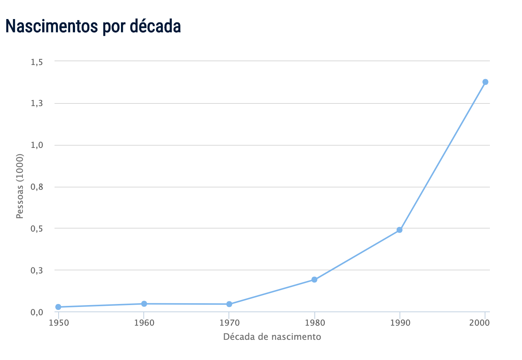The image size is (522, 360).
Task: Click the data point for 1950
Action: click(58, 307)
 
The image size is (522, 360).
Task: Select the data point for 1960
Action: click(144, 304)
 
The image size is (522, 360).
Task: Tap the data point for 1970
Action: click(229, 304)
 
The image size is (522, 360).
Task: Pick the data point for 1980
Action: click(314, 280)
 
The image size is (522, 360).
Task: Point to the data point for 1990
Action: click(400, 230)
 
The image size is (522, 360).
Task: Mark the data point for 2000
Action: click(485, 82)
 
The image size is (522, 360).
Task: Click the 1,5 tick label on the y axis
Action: click(37, 62)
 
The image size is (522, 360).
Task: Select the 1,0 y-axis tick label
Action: click(37, 146)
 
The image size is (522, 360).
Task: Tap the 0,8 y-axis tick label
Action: click(37, 187)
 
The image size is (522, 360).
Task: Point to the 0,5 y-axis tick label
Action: click(37, 229)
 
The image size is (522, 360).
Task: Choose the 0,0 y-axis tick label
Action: click(37, 313)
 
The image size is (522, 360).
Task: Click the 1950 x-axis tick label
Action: click(59, 323)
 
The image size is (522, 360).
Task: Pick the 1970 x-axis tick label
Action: click(229, 323)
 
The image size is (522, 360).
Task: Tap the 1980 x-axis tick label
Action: click(314, 323)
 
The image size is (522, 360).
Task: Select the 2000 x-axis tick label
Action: click(480, 323)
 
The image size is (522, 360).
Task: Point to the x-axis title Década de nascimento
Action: click(272, 337)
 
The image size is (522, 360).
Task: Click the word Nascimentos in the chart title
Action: click(51, 26)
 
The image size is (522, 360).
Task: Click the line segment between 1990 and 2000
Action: click(442, 156)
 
